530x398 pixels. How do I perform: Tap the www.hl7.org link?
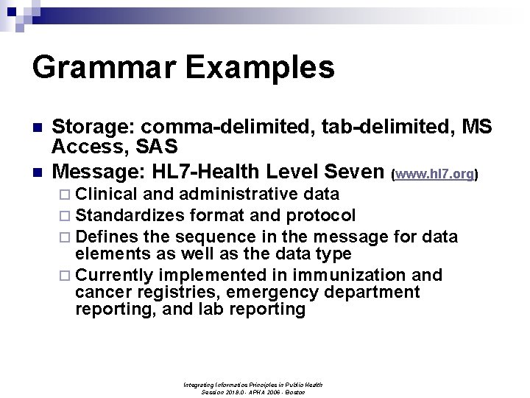(434, 175)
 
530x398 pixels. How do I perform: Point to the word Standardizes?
(130, 215)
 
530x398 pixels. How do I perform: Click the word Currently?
(114, 275)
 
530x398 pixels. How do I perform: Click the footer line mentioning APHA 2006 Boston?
(253, 392)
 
